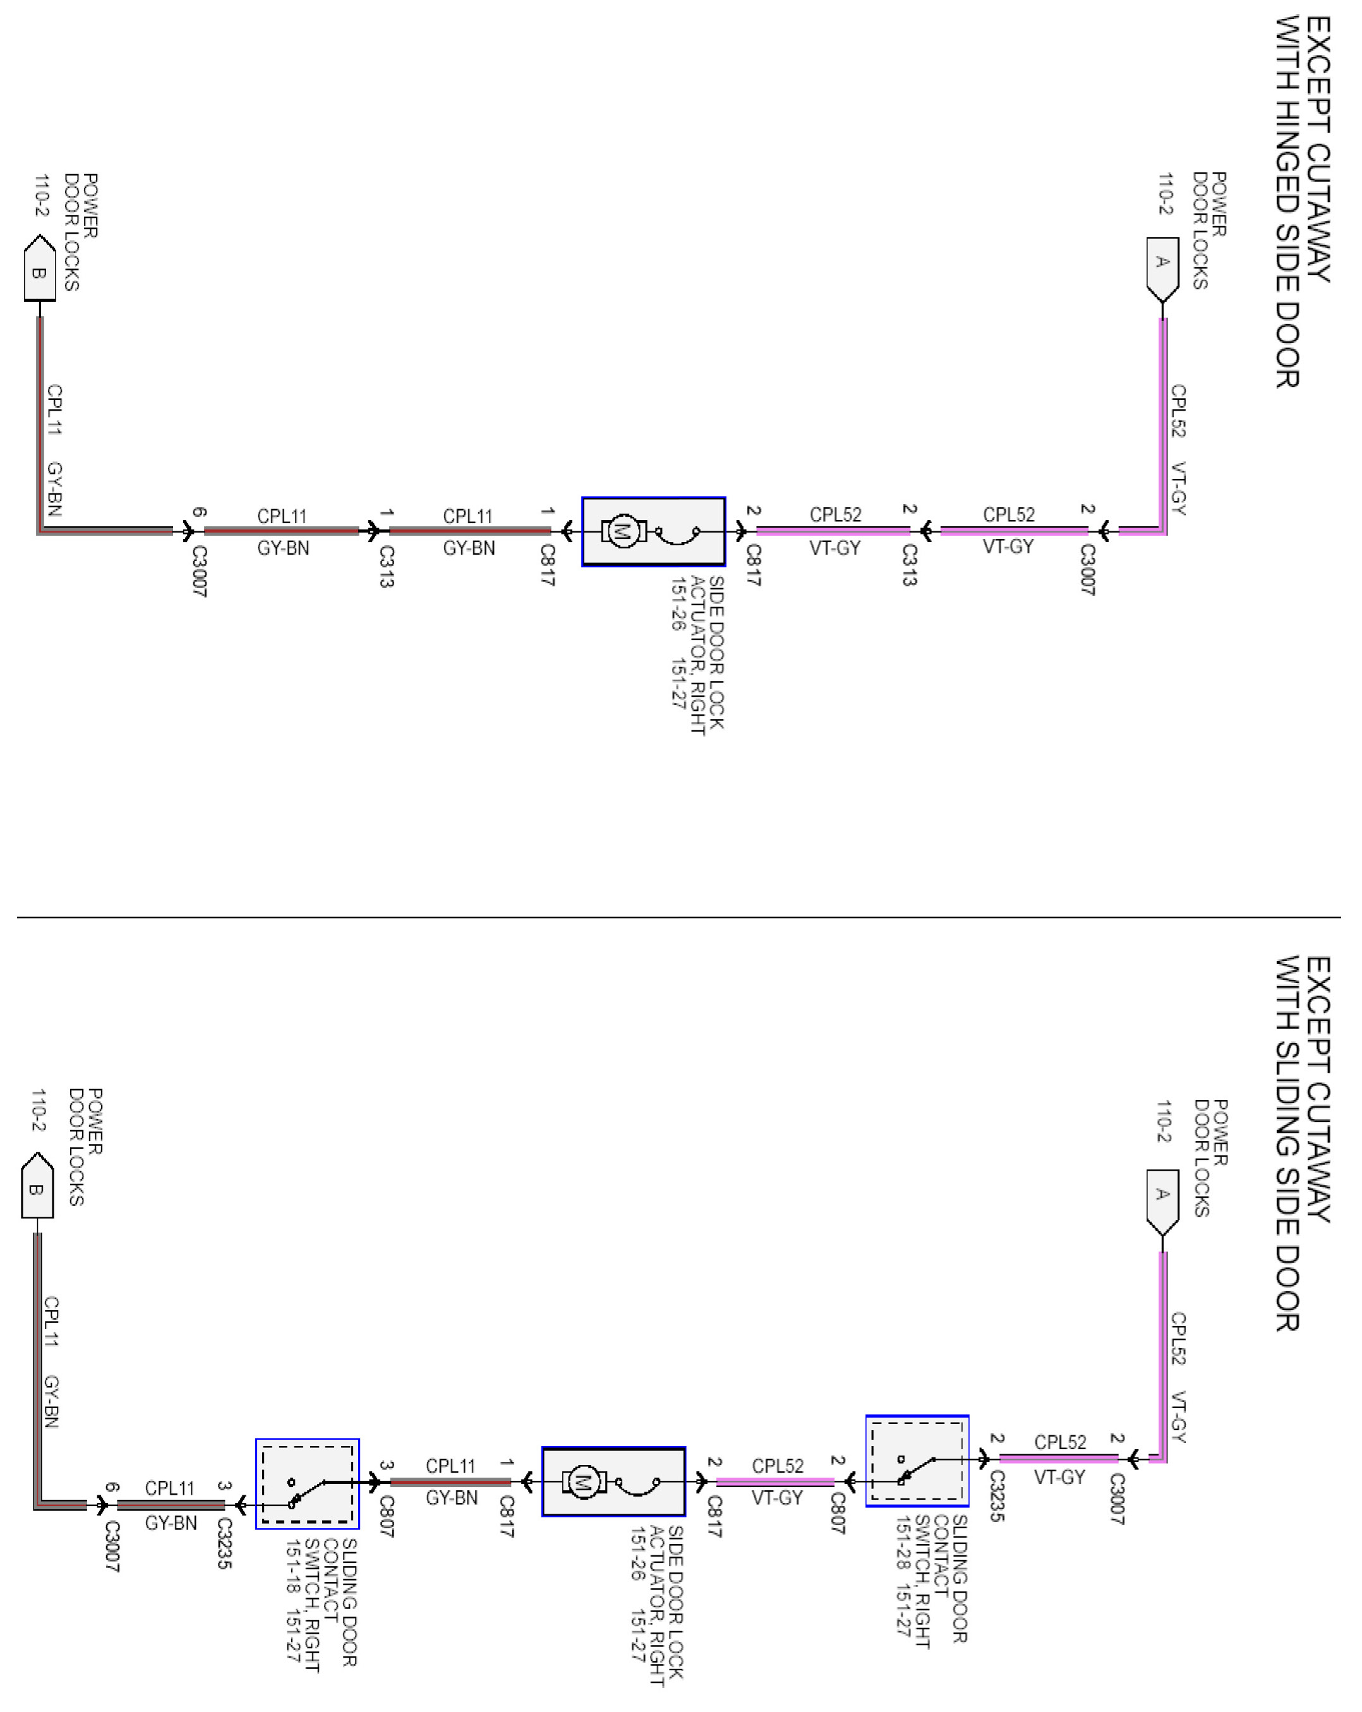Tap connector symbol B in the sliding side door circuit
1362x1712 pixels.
(37, 1189)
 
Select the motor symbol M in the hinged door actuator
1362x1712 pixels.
(624, 531)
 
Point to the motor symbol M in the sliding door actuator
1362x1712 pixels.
(584, 1481)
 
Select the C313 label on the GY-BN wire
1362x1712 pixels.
(386, 566)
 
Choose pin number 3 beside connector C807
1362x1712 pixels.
(386, 1466)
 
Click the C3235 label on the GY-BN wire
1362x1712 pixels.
(224, 1544)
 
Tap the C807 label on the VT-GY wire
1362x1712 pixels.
(838, 1514)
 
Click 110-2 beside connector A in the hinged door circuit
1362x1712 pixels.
(1164, 194)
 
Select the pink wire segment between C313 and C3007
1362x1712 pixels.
(1013, 531)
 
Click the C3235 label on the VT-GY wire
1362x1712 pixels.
(997, 1496)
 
